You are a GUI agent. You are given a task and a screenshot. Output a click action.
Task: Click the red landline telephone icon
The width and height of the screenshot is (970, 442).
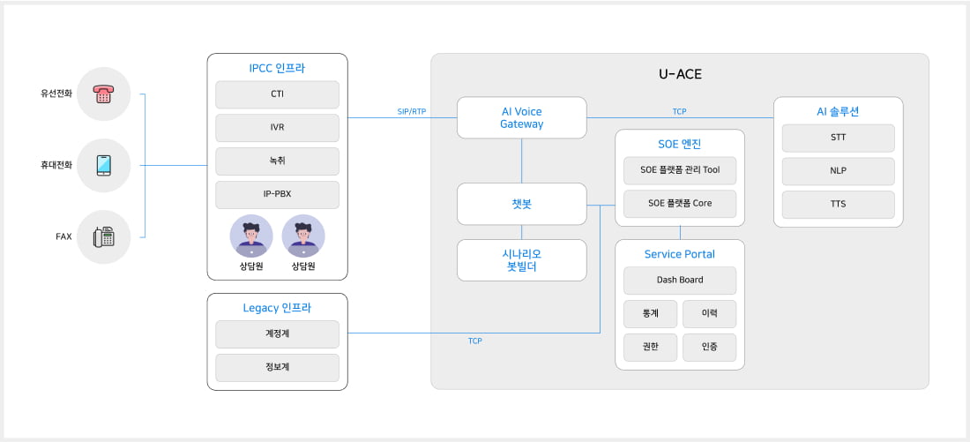pos(103,94)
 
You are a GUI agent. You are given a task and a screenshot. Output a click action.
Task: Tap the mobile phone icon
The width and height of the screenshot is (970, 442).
pos(103,165)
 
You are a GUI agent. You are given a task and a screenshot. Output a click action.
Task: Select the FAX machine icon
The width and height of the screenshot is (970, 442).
pos(103,236)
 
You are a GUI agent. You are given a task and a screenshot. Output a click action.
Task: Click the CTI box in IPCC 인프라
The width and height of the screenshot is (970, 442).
pos(277,94)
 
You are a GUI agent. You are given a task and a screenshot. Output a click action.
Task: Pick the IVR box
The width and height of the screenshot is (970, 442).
pos(277,128)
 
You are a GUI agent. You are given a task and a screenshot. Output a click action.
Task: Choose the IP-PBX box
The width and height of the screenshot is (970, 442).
pos(277,195)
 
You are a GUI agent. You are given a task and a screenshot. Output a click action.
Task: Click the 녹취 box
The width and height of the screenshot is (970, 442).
pos(277,161)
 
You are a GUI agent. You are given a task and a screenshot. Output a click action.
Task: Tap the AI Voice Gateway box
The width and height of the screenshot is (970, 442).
pos(521,117)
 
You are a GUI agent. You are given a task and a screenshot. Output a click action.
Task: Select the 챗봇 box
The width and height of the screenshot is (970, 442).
pos(521,204)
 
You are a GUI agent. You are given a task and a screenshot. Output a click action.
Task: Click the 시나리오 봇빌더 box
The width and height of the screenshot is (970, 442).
pos(521,260)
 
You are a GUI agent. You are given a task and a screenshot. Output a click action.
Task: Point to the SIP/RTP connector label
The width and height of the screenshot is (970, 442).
pos(411,112)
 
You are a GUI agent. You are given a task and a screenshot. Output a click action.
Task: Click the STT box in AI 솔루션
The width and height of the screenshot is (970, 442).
pos(838,138)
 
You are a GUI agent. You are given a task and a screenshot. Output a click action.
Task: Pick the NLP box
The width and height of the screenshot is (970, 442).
pos(838,171)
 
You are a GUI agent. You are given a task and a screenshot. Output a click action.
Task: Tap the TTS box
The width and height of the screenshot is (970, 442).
pos(838,205)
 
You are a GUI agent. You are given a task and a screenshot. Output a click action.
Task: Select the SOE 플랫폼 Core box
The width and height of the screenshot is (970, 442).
pos(679,204)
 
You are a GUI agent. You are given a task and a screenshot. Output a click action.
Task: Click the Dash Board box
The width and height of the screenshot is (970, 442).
pos(679,281)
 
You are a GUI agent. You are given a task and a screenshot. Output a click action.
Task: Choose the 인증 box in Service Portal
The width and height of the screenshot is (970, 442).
pos(709,348)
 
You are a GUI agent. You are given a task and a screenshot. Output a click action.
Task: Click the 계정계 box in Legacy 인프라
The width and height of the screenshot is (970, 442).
pos(277,334)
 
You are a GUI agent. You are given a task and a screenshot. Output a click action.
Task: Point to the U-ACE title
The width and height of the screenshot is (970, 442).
pos(680,74)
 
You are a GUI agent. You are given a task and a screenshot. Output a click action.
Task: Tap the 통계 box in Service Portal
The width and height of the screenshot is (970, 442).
pos(650,314)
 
